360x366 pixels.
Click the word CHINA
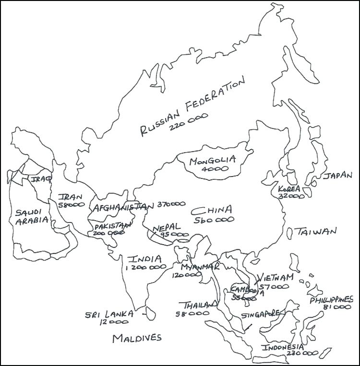pyautogui.click(x=212, y=210)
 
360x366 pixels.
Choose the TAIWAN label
pyautogui.click(x=316, y=232)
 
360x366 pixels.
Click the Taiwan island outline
pyautogui.click(x=290, y=233)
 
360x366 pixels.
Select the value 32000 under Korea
pyautogui.click(x=291, y=196)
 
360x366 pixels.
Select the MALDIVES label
pyautogui.click(x=137, y=338)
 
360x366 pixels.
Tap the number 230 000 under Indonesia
pyautogui.click(x=302, y=353)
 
